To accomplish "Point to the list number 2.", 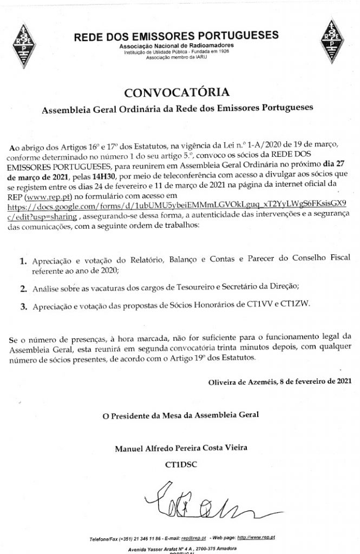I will [23, 287].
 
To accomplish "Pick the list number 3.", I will [23, 307].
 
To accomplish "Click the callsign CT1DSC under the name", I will [179, 464].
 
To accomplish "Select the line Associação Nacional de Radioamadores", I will [176, 47].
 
